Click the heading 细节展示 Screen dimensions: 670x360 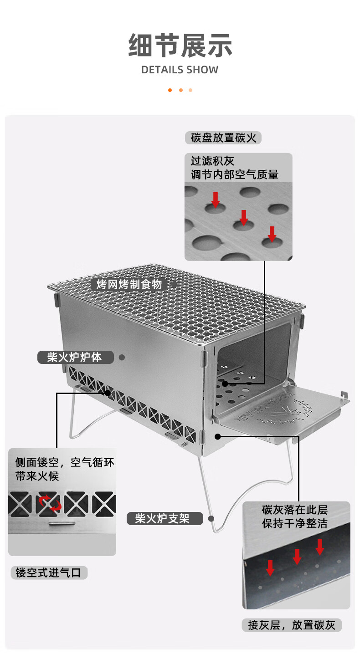(180, 46)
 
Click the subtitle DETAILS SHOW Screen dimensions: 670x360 (180, 70)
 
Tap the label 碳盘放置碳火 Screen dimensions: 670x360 (223, 138)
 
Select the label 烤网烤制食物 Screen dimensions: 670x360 (129, 285)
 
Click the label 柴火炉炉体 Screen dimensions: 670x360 (75, 357)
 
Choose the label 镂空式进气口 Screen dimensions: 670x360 (49, 573)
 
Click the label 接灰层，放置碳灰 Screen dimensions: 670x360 (292, 625)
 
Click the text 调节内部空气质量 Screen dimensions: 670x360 (234, 174)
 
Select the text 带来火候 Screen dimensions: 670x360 (37, 476)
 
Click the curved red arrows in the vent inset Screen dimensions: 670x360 (49, 503)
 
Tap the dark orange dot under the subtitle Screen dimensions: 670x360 (170, 90)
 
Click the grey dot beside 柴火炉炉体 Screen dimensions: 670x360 (122, 358)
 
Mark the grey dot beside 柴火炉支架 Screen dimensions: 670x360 (211, 518)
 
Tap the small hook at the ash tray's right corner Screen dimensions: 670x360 (345, 395)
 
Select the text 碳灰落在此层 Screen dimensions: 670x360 (295, 509)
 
